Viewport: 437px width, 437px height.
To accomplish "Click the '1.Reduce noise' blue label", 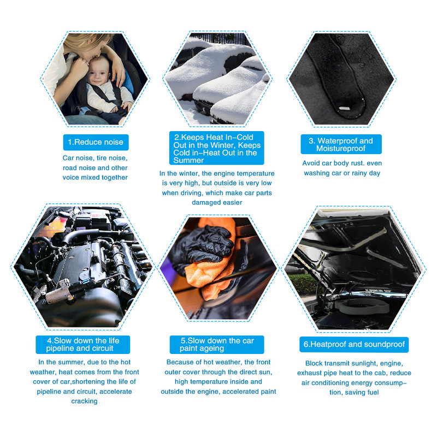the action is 96,142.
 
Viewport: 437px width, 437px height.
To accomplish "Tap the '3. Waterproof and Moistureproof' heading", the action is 341,144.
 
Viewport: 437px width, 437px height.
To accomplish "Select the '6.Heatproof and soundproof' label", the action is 354,345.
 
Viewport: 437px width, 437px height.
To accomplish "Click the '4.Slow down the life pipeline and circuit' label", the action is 83,345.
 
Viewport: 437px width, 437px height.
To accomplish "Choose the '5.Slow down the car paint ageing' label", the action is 217,345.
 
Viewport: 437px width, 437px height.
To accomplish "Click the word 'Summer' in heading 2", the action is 188,161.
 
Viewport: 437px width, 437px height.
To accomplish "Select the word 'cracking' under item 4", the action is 84,401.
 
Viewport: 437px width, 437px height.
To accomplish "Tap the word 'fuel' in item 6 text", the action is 373,392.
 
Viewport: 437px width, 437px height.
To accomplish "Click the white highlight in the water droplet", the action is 344,108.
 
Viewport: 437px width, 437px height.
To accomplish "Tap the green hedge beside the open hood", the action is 303,284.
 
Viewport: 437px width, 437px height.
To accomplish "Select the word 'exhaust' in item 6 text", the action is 309,373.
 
